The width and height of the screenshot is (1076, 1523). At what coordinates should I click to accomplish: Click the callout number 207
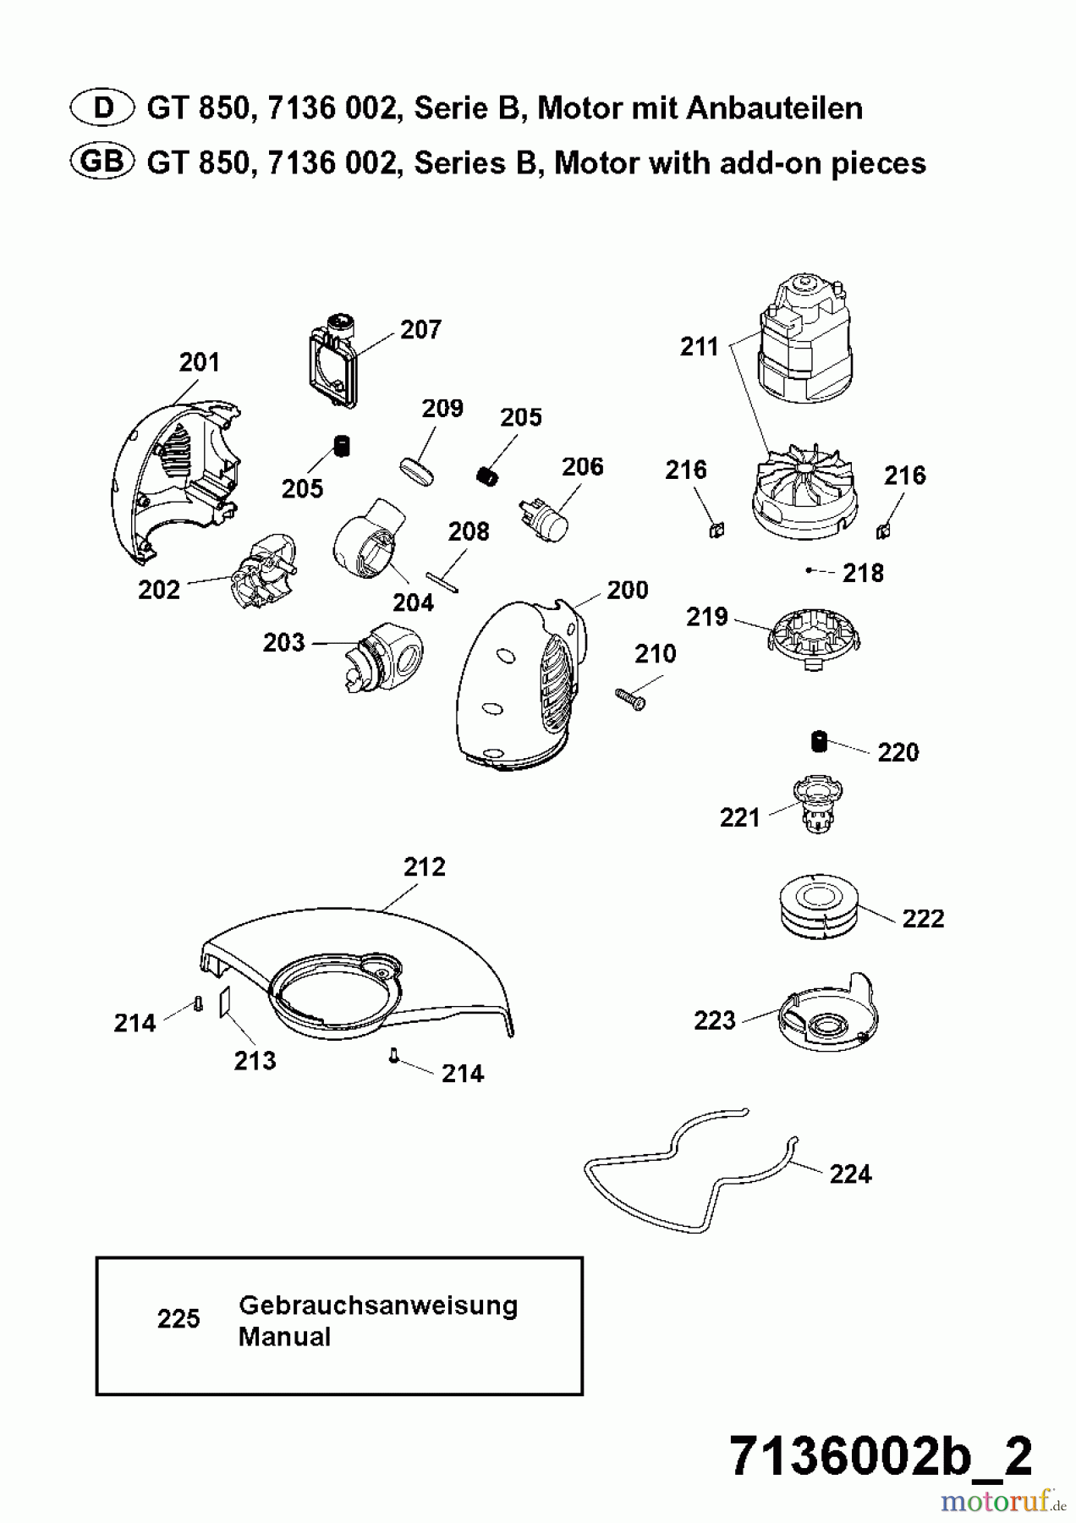[420, 329]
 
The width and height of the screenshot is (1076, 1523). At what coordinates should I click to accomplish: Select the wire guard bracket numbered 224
[689, 1172]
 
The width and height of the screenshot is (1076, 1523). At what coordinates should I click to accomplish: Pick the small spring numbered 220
[818, 741]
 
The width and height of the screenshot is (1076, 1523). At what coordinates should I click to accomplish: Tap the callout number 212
[424, 867]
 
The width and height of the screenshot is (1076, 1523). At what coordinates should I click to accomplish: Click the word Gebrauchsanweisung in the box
[378, 1305]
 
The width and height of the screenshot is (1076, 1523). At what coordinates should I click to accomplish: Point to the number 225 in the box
[178, 1318]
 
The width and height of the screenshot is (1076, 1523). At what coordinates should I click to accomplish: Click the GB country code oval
[102, 162]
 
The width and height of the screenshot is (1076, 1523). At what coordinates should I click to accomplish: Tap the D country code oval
[102, 107]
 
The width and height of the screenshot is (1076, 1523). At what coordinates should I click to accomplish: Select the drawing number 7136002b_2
[881, 1455]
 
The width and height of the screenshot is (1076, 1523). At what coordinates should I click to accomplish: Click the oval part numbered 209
[418, 470]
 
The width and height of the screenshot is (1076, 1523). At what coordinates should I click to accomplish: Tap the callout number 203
[283, 642]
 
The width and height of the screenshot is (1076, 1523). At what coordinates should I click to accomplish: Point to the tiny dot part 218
[809, 571]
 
